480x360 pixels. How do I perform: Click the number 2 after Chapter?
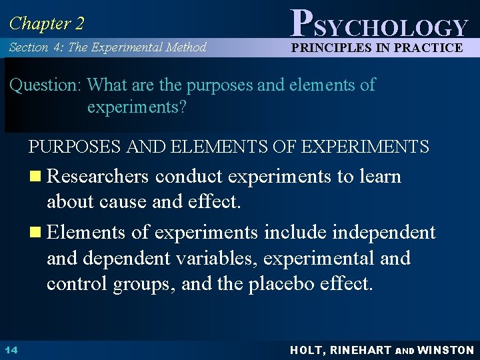[x=79, y=24]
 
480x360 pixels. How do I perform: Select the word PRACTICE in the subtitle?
[x=427, y=47]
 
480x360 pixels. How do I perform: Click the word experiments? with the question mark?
[x=137, y=108]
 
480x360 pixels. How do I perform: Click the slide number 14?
[x=11, y=349]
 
